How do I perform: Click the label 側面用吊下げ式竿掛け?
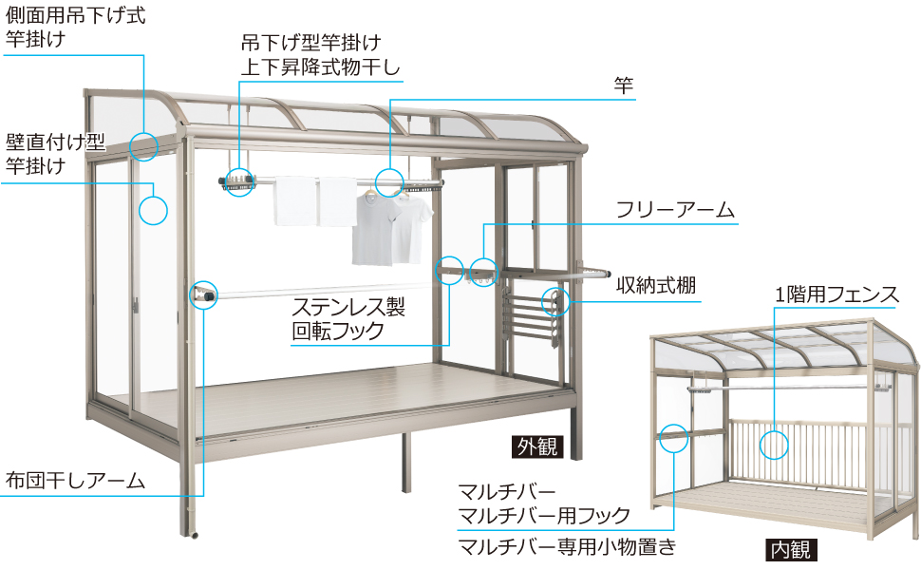[75, 27]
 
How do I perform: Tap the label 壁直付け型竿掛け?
[55, 154]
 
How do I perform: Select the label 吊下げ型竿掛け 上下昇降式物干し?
[321, 55]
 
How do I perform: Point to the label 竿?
[623, 85]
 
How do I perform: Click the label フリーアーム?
[675, 210]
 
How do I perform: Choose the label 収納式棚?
[656, 286]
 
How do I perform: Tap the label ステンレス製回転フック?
[348, 319]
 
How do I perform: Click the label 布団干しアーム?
[75, 481]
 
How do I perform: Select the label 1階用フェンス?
[836, 294]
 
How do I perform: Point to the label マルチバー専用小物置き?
[568, 546]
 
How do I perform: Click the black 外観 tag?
[537, 446]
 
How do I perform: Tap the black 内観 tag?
[791, 549]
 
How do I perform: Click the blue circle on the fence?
[774, 430]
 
